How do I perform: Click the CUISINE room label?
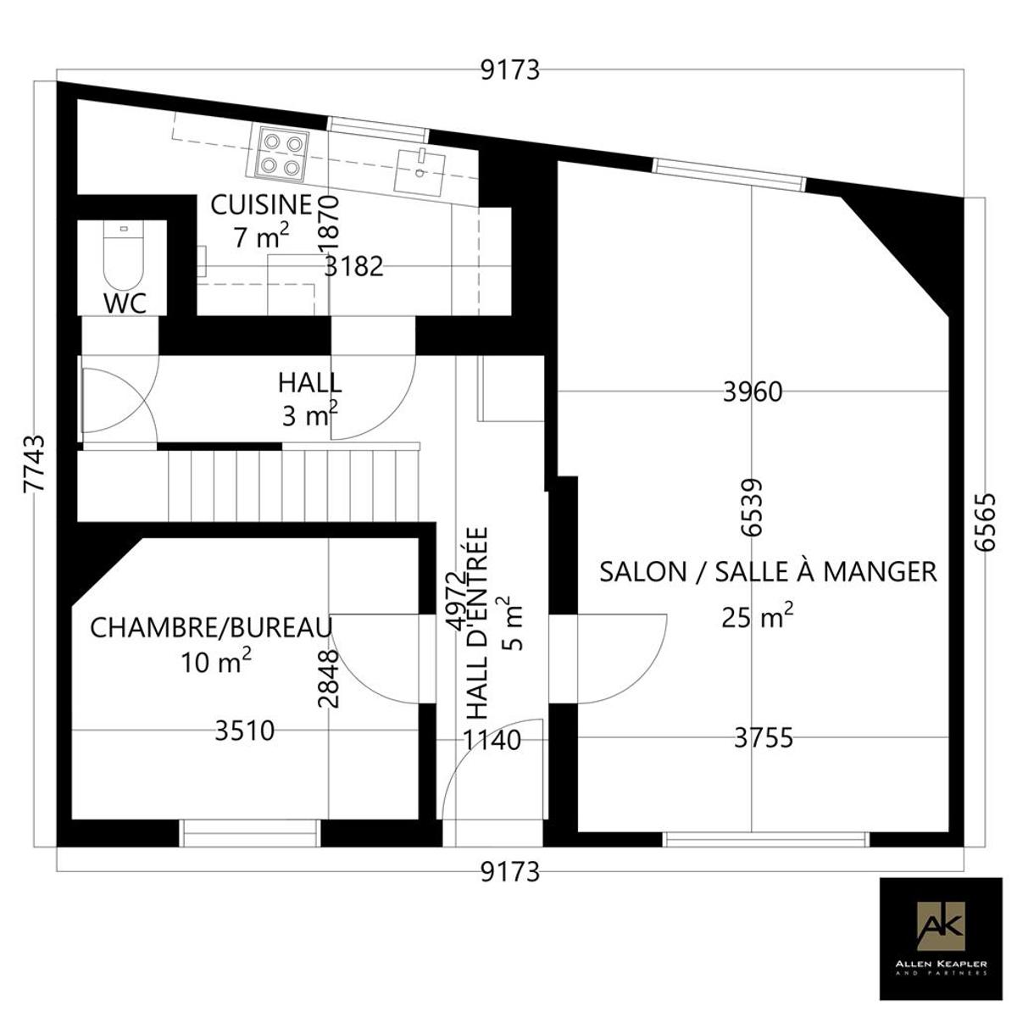(261, 205)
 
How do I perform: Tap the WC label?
(125, 303)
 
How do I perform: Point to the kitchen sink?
(420, 170)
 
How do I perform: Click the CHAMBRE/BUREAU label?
(212, 627)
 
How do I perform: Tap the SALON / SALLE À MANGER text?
(768, 572)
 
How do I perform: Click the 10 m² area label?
(216, 661)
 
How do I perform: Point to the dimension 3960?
(752, 392)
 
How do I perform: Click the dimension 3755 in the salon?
(764, 738)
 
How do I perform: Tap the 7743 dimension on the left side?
(34, 464)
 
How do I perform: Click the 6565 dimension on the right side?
(985, 523)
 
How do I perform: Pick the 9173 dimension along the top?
(510, 70)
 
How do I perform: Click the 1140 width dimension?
(492, 740)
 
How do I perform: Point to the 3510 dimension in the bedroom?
(245, 731)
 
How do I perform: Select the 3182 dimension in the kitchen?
(353, 267)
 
